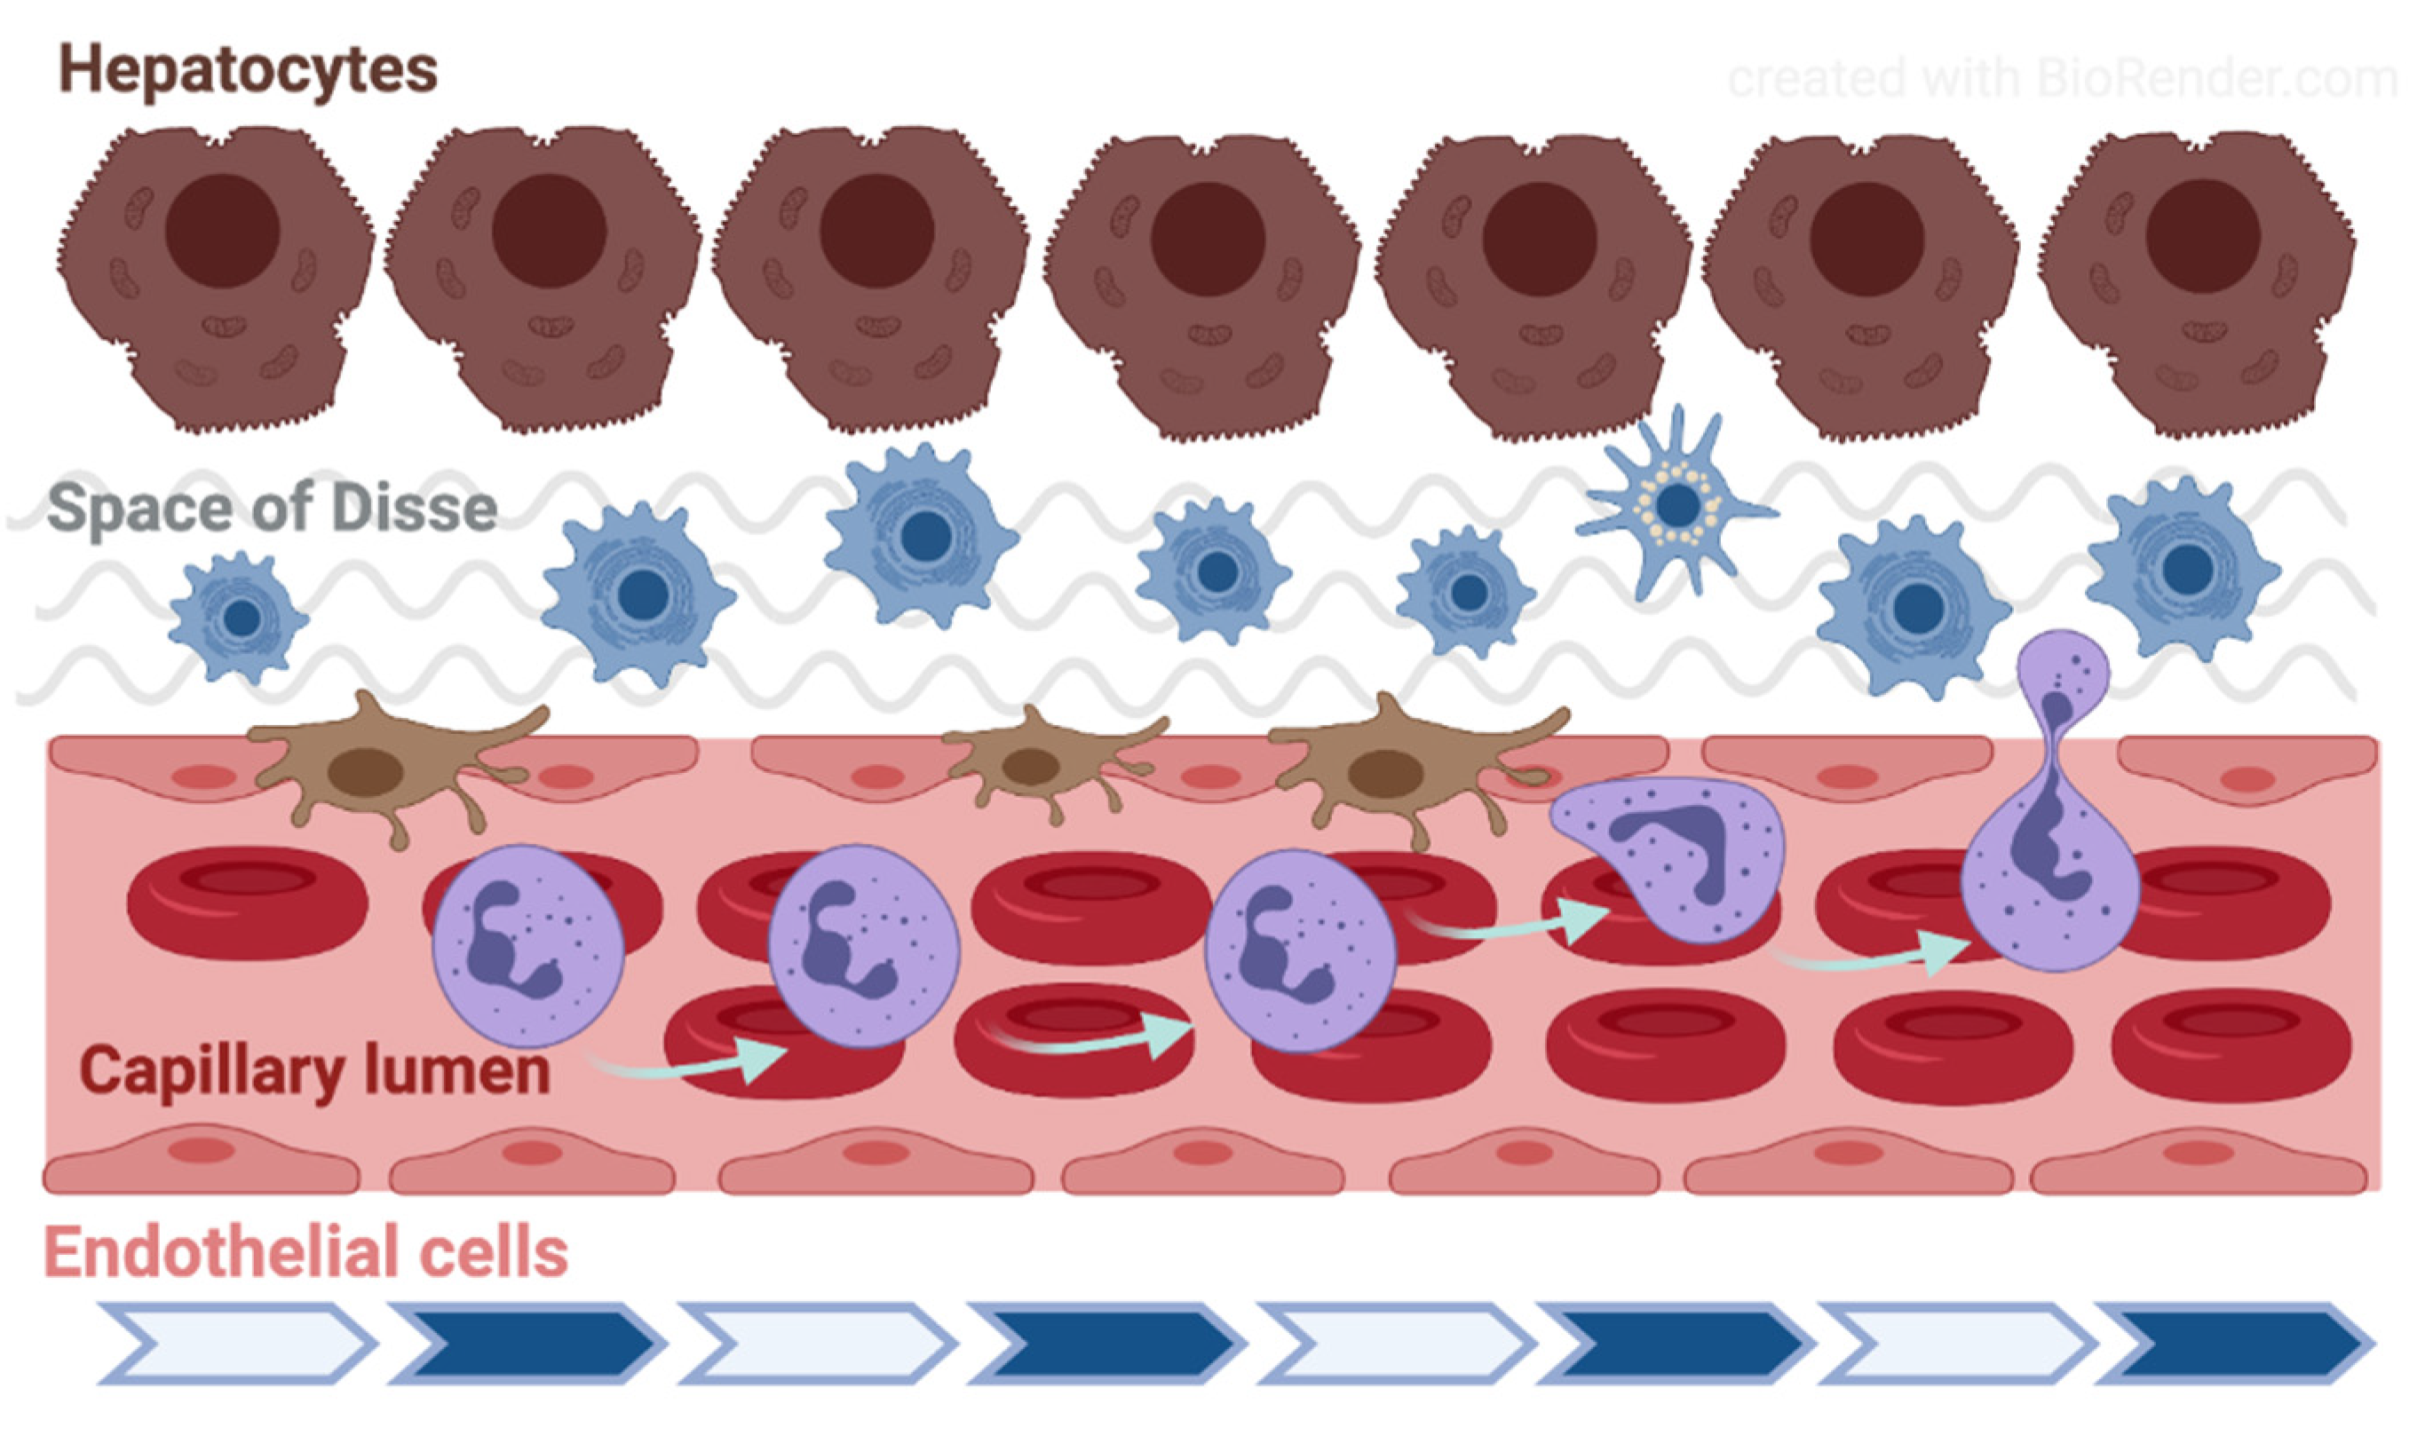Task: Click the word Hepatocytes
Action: click(x=248, y=70)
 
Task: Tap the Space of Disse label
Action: click(x=273, y=509)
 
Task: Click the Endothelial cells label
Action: click(x=306, y=1252)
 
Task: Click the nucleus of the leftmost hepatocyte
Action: click(x=222, y=232)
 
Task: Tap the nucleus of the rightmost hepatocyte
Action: click(x=2202, y=235)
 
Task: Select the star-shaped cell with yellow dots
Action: click(x=1676, y=505)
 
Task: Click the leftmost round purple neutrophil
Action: click(x=528, y=944)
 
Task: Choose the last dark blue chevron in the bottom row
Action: click(x=2237, y=1344)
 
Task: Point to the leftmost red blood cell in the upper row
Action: click(x=247, y=902)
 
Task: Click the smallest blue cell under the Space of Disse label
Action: click(x=239, y=618)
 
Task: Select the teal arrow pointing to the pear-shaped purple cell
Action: click(x=1867, y=957)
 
